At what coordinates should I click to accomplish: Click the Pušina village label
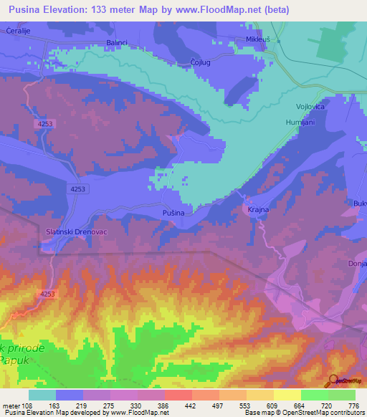pyautogui.click(x=173, y=214)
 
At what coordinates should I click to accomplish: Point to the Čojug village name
pyautogui.click(x=201, y=62)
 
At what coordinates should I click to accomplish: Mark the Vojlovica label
pyautogui.click(x=311, y=107)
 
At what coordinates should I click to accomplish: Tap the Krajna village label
pyautogui.click(x=257, y=211)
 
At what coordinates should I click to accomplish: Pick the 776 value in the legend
pyautogui.click(x=352, y=405)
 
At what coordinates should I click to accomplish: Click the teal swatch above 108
pyautogui.click(x=42, y=395)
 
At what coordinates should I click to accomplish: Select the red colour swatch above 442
pyautogui.click(x=178, y=395)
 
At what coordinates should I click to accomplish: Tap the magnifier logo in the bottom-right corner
pyautogui.click(x=333, y=380)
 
